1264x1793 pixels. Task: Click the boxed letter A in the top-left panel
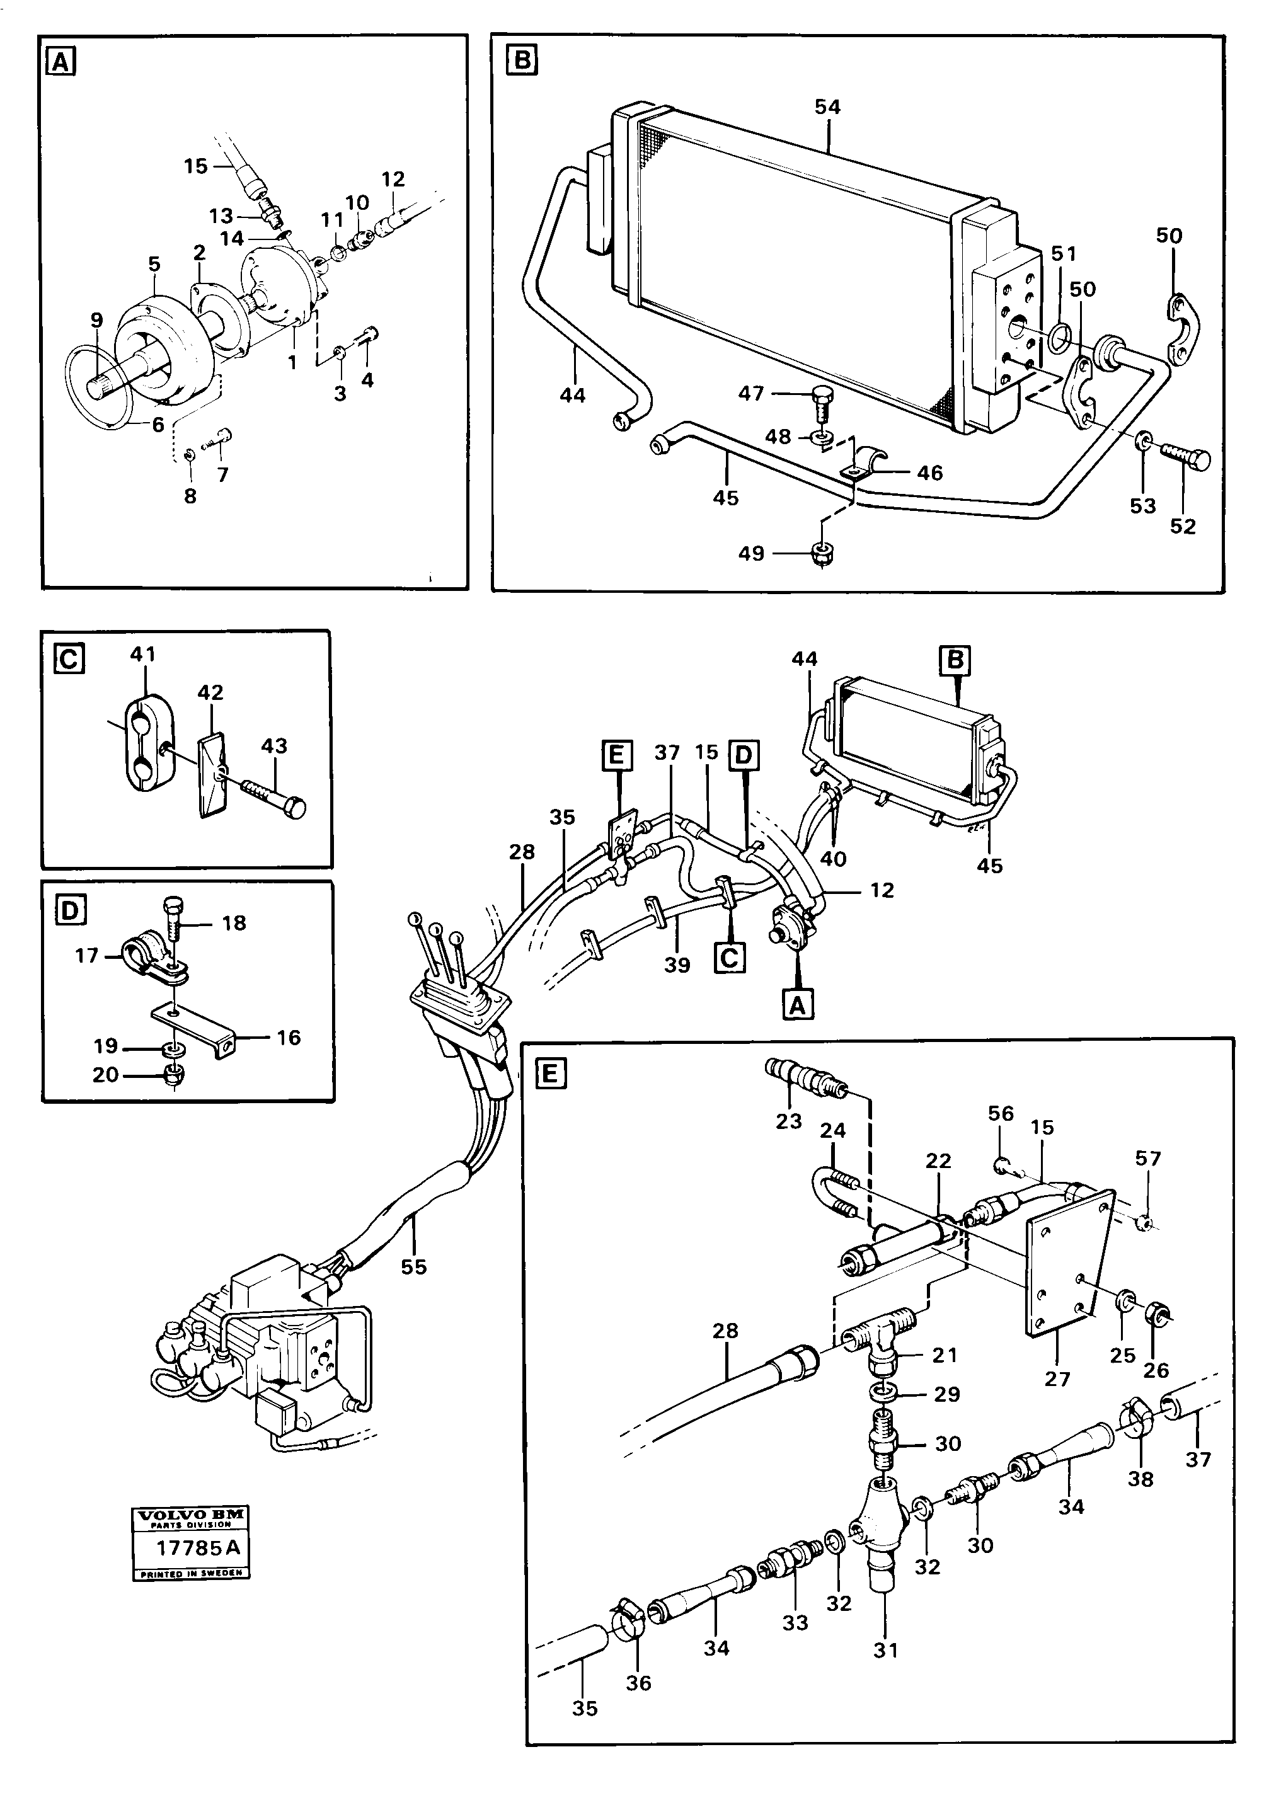tap(61, 61)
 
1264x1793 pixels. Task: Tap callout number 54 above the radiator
tap(827, 107)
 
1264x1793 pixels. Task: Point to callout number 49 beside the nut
tap(750, 554)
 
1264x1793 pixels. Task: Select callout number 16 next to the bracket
tap(288, 1037)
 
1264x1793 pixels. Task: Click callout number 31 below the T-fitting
tap(885, 1649)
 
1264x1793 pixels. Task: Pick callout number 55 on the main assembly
tap(414, 1267)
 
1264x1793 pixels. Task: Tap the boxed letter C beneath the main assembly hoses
tap(729, 956)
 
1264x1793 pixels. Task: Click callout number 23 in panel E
tap(788, 1121)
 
